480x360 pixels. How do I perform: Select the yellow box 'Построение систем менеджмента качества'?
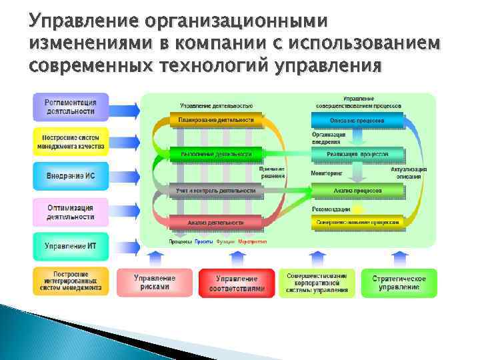[70, 141]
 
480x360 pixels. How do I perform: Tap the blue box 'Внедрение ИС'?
[70, 176]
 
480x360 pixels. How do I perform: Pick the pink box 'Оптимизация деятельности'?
[70, 211]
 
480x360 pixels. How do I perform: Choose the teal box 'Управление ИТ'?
[70, 246]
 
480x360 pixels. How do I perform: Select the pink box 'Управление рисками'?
[154, 282]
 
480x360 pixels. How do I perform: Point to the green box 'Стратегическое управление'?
[399, 282]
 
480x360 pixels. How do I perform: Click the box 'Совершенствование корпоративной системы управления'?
[317, 282]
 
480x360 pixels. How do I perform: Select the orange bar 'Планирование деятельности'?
[215, 121]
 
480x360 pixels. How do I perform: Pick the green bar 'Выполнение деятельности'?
[215, 155]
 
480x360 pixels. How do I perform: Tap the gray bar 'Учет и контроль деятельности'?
[215, 191]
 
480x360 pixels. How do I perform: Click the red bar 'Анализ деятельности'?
[215, 222]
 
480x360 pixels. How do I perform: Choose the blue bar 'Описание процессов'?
[357, 121]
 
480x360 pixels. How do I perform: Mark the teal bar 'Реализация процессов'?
[357, 155]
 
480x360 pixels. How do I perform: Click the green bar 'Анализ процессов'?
[357, 191]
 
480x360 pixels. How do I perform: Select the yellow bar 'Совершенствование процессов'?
[357, 222]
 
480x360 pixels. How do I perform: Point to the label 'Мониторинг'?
[326, 173]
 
